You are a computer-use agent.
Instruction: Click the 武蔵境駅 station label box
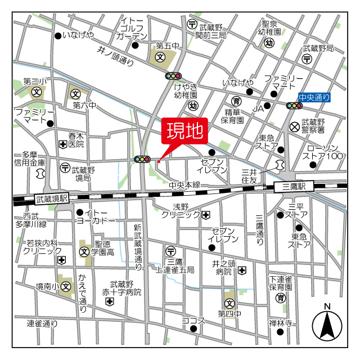tap(51, 198)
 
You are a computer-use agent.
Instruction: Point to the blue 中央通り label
tap(314, 98)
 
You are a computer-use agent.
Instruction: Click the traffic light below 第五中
tap(173, 76)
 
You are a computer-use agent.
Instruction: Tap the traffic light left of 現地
tap(142, 160)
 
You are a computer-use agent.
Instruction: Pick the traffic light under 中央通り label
tap(294, 105)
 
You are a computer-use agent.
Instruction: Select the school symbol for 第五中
tap(160, 57)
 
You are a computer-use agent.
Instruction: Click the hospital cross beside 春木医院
tap(62, 145)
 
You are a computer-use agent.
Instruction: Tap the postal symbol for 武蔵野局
tap(307, 58)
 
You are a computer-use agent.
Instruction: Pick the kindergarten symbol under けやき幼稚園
tap(193, 105)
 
